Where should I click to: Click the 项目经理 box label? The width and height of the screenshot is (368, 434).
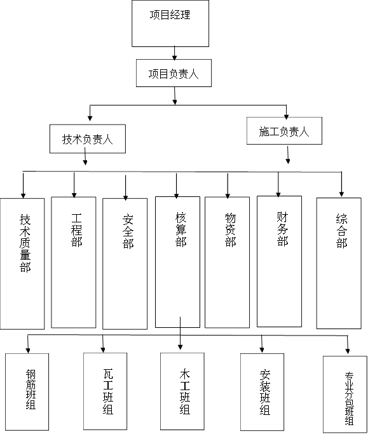(170, 15)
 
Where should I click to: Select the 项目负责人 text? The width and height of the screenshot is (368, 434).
(174, 74)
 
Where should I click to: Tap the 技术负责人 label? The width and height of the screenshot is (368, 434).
(88, 139)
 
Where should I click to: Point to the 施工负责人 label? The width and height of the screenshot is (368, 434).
(284, 132)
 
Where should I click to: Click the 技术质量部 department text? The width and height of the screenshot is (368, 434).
(25, 243)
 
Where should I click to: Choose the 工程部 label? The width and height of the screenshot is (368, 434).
(76, 230)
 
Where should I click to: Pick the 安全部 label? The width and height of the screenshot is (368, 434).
(128, 231)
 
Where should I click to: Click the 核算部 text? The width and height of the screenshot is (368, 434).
(181, 229)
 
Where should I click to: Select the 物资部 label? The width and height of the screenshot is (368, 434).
(230, 230)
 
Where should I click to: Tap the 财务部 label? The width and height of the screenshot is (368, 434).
(282, 229)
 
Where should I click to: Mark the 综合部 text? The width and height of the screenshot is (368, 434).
(342, 231)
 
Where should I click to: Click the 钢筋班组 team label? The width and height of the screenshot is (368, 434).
(31, 389)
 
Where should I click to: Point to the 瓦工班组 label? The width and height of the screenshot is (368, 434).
(108, 391)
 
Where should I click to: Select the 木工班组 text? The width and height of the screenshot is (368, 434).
(185, 391)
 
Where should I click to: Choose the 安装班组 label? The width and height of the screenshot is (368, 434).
(264, 392)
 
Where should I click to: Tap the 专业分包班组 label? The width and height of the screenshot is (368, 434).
(349, 398)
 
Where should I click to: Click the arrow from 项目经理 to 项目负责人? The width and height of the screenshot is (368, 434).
(174, 53)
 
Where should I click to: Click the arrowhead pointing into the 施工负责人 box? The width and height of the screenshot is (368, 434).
(286, 116)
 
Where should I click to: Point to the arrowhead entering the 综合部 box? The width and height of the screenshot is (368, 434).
(341, 194)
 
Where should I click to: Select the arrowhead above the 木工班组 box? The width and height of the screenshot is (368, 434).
(181, 346)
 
